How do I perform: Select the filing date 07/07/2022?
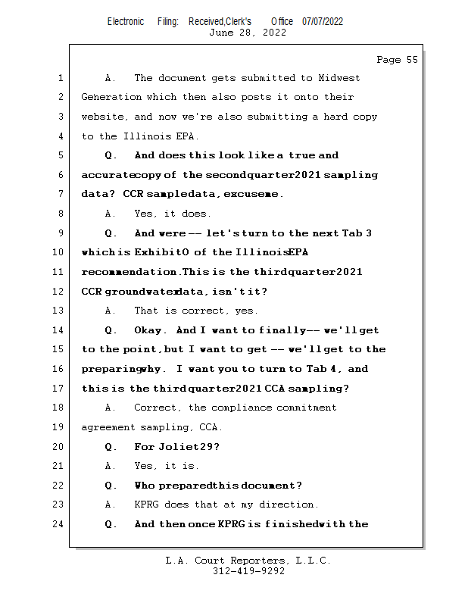(323, 21)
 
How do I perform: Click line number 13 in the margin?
(60, 311)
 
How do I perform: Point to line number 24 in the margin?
(60, 524)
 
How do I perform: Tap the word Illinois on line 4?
(146, 136)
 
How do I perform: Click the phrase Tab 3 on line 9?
(358, 233)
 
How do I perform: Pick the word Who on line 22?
(144, 486)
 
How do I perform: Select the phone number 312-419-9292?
(248, 571)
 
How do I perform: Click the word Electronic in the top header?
(126, 21)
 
